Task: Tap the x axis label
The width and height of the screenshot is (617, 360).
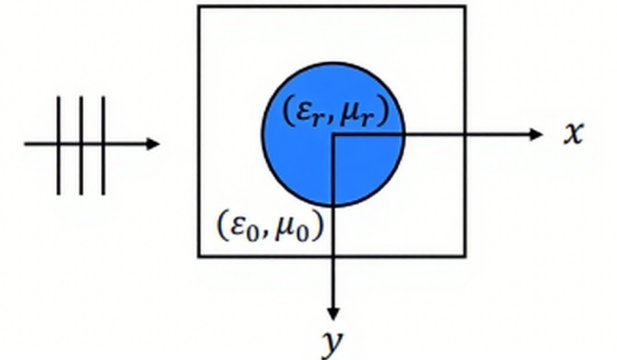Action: pos(571,134)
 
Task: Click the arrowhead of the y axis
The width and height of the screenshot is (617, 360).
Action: pos(332,313)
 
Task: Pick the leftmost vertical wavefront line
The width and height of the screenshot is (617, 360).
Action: pos(60,145)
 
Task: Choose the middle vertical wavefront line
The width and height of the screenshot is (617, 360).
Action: pos(82,145)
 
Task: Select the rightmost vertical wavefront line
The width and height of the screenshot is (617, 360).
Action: pos(104,145)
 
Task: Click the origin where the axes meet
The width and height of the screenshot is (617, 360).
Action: pos(332,134)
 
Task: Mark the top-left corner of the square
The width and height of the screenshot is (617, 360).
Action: pos(199,7)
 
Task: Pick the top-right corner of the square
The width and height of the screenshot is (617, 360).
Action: pos(466,7)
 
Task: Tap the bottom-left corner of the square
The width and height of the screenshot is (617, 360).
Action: pos(199,256)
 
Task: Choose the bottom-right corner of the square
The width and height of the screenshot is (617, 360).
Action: pos(466,256)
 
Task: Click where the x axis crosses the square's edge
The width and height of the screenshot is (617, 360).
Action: pos(466,134)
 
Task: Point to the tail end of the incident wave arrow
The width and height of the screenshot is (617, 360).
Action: pos(26,145)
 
